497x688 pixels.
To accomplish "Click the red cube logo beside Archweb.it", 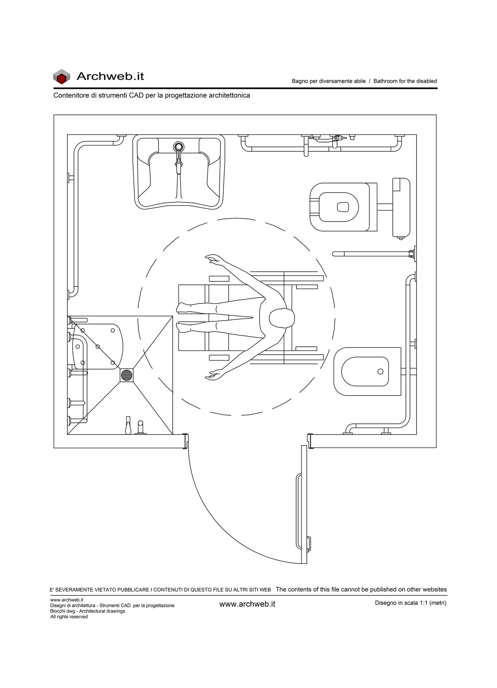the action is tap(61, 77).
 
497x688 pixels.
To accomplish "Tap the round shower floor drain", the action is tap(127, 375).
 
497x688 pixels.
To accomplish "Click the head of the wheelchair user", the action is tap(281, 318).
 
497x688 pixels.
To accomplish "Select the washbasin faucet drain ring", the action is tap(179, 147).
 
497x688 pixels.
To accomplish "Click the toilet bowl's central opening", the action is tap(343, 207).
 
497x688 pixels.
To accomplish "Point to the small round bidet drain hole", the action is tap(380, 372).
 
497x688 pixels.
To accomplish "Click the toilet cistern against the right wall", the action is tap(401, 207).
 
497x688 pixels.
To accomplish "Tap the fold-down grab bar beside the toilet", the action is tap(374, 254).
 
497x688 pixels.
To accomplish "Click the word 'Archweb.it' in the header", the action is tap(110, 76).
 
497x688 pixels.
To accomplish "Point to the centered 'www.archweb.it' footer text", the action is tap(247, 604).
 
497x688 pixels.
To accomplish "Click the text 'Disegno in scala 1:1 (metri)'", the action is tap(411, 603).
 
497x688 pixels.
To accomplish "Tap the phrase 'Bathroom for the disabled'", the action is tap(405, 81).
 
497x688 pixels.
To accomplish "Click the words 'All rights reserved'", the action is tap(69, 617).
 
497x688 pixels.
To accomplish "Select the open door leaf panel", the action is tap(304, 505).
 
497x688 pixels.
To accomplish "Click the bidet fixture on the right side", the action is tap(367, 372).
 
